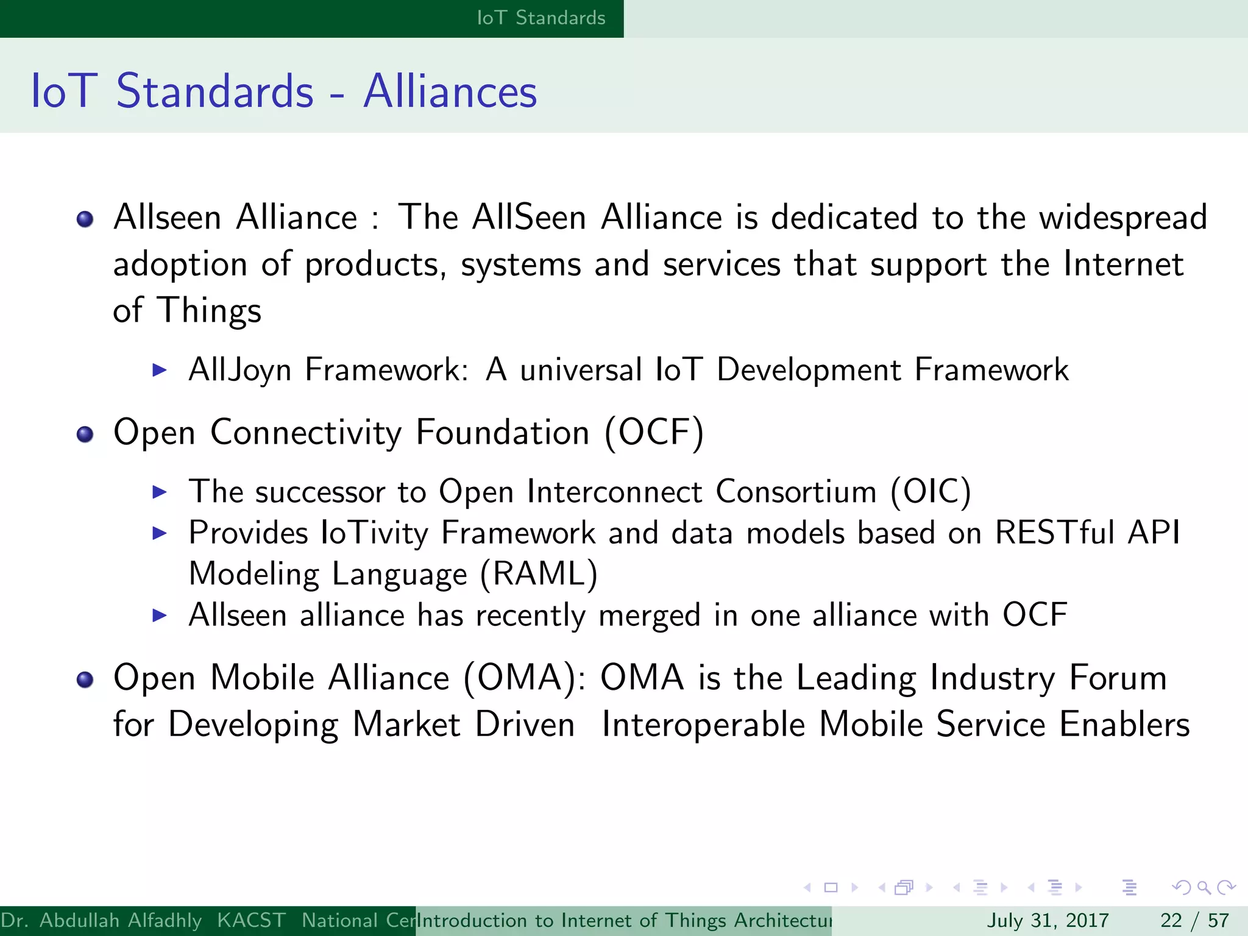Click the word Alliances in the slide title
(x=450, y=91)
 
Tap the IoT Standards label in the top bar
(x=541, y=18)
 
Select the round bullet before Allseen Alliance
(x=85, y=219)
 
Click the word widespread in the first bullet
(x=1122, y=218)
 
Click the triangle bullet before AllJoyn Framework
(x=160, y=370)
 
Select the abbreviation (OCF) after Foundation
(x=654, y=433)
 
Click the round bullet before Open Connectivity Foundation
(x=85, y=434)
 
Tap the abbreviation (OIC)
(x=930, y=492)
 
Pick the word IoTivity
(x=374, y=533)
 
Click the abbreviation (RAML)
(x=539, y=574)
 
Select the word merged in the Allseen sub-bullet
(x=649, y=615)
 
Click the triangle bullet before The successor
(x=160, y=492)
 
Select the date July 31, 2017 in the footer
(x=1048, y=920)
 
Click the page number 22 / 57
(x=1194, y=920)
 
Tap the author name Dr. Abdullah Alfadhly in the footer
(x=101, y=920)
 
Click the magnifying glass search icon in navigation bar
(x=1204, y=888)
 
